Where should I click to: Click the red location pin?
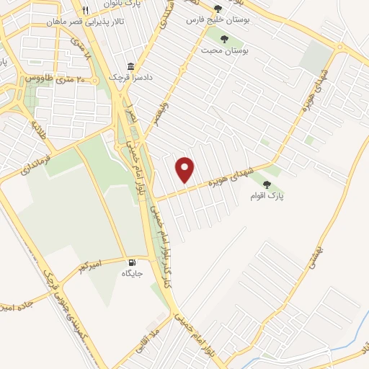click(x=186, y=169)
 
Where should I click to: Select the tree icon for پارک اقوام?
click(x=267, y=184)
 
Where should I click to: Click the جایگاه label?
click(x=132, y=274)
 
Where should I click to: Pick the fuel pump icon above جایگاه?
click(x=132, y=263)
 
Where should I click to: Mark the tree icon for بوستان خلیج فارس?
click(x=218, y=8)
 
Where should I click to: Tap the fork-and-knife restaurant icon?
click(x=86, y=10)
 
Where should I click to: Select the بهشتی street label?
click(x=315, y=254)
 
